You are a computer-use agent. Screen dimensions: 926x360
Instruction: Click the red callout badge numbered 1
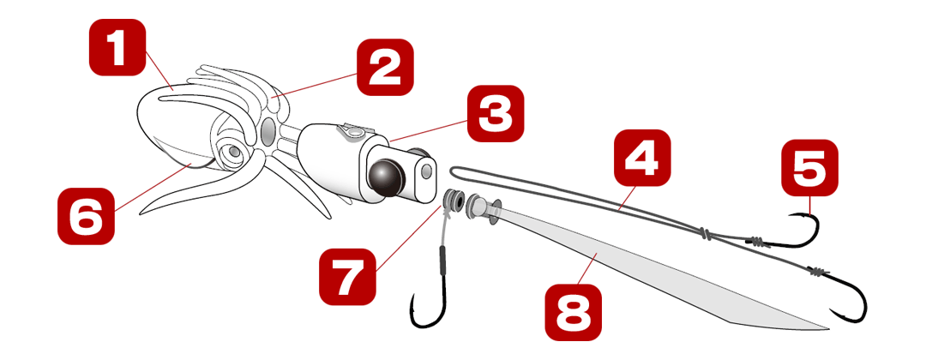pyautogui.click(x=117, y=48)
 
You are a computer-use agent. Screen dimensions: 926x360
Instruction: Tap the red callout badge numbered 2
pyautogui.click(x=385, y=67)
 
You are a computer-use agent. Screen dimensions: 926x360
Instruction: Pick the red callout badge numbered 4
pyautogui.click(x=642, y=159)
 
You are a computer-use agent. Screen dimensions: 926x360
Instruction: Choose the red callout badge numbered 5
pyautogui.click(x=809, y=168)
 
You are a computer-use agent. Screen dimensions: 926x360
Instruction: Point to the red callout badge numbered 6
pyautogui.click(x=87, y=216)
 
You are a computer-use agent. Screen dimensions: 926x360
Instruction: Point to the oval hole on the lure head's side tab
pyautogui.click(x=427, y=173)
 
